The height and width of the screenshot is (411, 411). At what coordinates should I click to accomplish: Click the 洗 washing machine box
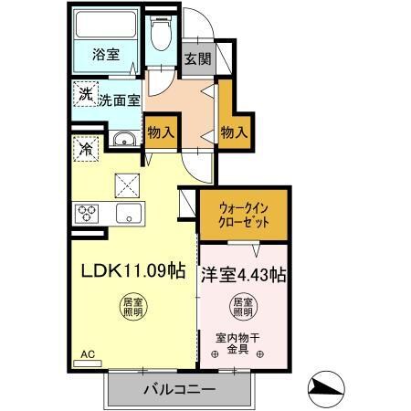pyautogui.click(x=84, y=94)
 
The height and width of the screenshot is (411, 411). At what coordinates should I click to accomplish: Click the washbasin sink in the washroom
pyautogui.click(x=123, y=140)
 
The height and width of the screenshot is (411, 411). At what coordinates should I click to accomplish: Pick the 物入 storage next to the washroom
pyautogui.click(x=161, y=132)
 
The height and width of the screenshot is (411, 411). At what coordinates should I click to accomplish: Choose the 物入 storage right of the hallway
pyautogui.click(x=234, y=132)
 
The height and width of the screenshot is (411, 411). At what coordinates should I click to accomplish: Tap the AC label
pyautogui.click(x=88, y=353)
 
